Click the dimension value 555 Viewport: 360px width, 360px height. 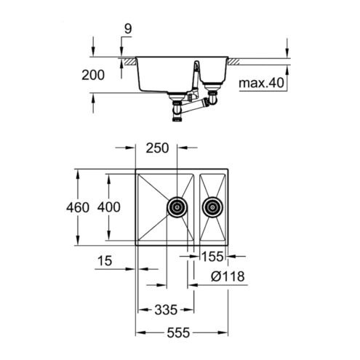coord(178,332)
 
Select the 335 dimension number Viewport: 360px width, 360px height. coord(166,310)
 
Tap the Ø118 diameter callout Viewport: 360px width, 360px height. coord(228,276)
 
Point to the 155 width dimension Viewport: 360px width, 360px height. coord(212,257)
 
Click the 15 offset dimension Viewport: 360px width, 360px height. coord(105,261)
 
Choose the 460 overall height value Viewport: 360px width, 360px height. coord(78,207)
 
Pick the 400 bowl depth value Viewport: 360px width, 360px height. coord(108,207)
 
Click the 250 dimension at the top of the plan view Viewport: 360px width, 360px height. coord(157,148)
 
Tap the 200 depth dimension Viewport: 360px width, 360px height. coord(93,75)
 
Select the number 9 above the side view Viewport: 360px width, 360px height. coord(128,29)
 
